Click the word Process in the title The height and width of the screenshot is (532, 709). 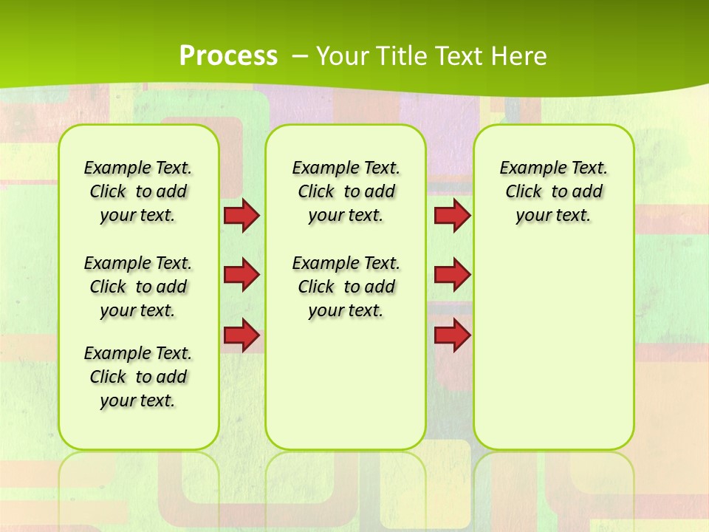click(228, 56)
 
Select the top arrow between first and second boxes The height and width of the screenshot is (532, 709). click(241, 216)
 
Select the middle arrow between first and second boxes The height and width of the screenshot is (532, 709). click(241, 275)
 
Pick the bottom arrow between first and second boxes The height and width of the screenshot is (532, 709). click(241, 335)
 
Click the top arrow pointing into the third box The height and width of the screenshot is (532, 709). click(452, 216)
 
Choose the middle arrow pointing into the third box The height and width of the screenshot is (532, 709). click(452, 275)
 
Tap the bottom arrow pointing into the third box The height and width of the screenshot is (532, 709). click(452, 335)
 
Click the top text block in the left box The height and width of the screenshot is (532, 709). click(138, 191)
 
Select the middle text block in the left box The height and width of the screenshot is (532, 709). click(138, 287)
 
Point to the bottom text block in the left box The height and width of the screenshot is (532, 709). click(138, 377)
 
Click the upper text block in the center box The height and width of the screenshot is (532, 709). click(346, 191)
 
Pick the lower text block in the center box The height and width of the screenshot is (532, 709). click(346, 287)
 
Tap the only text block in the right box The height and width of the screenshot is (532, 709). click(553, 191)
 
